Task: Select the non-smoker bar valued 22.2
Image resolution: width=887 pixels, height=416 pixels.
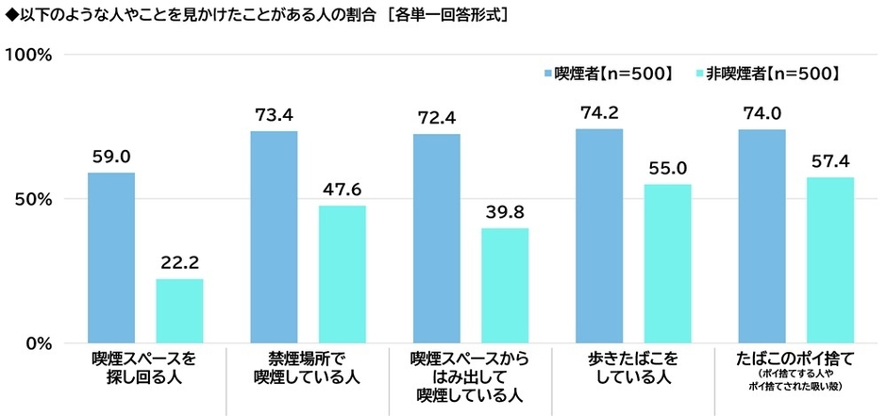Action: point(179,310)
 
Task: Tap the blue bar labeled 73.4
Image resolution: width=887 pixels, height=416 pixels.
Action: point(274,237)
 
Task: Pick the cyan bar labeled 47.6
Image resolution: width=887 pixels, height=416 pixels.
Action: point(342,274)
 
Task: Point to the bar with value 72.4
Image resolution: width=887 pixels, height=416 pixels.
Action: point(437,238)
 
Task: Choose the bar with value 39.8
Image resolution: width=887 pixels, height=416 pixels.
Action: point(505,285)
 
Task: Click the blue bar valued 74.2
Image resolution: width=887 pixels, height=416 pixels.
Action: point(599,236)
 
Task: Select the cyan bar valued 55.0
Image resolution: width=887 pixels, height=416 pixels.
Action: point(667,263)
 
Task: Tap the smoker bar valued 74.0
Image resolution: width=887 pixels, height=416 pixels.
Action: point(761,236)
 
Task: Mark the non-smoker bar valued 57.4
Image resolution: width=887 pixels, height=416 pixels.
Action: point(830,259)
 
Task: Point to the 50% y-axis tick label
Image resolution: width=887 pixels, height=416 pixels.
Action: point(35,199)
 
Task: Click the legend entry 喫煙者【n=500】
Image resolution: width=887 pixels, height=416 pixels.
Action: point(612,73)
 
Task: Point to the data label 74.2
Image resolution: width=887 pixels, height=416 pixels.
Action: point(599,113)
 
